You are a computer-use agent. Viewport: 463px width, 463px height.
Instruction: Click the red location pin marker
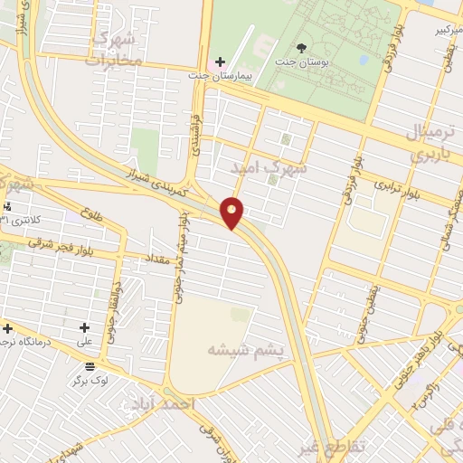click(x=233, y=213)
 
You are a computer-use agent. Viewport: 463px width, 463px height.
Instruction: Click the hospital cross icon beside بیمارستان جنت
click(x=220, y=61)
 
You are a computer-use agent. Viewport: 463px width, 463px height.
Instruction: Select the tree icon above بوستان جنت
click(x=301, y=46)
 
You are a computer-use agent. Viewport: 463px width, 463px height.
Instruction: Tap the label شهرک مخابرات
click(x=115, y=49)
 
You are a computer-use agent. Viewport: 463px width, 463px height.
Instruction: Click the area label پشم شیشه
click(x=245, y=349)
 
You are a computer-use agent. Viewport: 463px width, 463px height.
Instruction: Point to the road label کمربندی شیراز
click(x=156, y=181)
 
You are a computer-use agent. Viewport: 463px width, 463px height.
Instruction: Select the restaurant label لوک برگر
click(x=91, y=382)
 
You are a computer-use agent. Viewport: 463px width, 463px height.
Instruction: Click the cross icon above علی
click(x=85, y=327)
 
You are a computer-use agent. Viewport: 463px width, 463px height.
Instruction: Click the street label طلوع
click(x=90, y=217)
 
